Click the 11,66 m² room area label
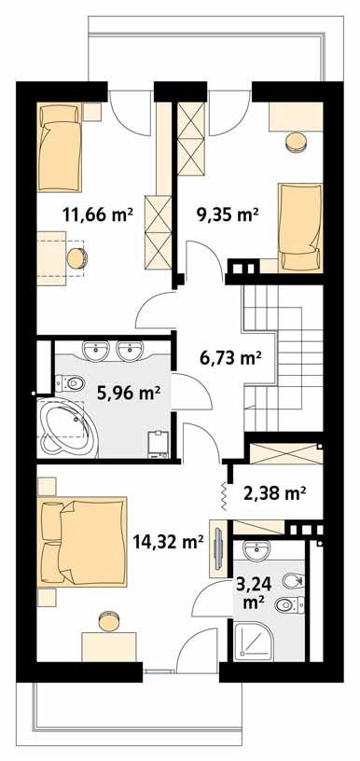click(98, 214)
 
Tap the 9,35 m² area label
click(227, 214)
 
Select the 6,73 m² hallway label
click(231, 358)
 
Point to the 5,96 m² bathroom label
click(129, 392)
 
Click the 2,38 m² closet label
click(274, 494)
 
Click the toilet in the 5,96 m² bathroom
click(70, 384)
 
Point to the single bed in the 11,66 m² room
click(59, 147)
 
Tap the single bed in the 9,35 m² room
click(300, 227)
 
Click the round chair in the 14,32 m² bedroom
click(109, 621)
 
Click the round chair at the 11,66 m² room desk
click(76, 258)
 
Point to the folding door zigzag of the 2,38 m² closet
click(224, 496)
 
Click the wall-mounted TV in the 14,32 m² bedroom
click(218, 549)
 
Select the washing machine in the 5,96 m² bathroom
click(159, 444)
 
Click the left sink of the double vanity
click(95, 351)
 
